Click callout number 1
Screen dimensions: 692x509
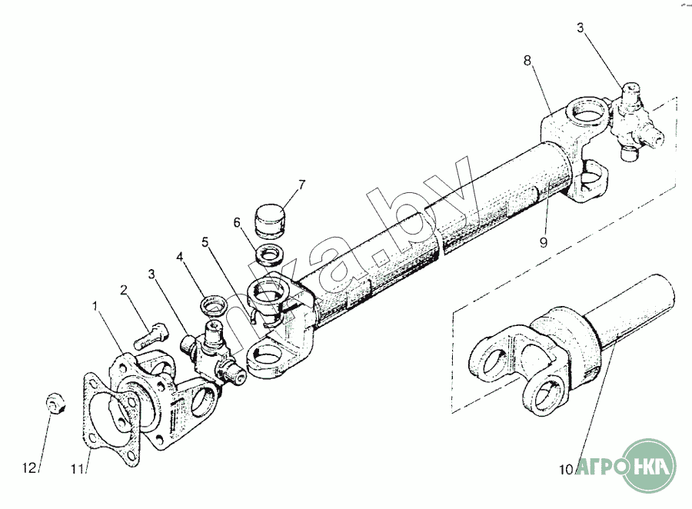point(95,306)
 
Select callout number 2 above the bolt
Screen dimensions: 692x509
point(123,290)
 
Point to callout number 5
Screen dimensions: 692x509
point(205,242)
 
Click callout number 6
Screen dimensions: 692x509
point(238,221)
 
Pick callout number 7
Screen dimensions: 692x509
point(301,185)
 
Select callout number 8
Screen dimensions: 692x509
point(527,59)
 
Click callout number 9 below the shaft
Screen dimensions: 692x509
point(543,243)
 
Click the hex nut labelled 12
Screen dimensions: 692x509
point(55,401)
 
